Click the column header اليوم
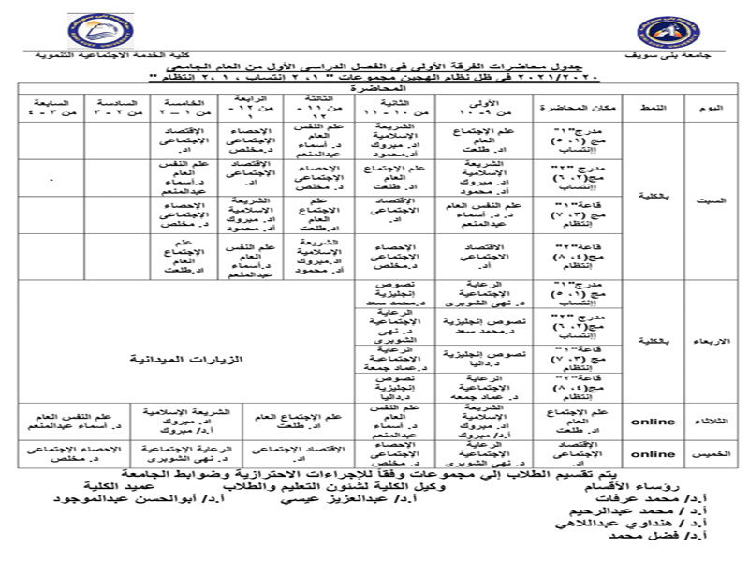[x=711, y=109]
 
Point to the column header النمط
[x=653, y=109]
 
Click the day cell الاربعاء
[x=711, y=342]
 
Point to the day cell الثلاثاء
[x=711, y=421]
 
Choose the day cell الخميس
[x=711, y=453]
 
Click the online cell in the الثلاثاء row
[x=653, y=421]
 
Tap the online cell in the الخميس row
[x=653, y=453]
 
